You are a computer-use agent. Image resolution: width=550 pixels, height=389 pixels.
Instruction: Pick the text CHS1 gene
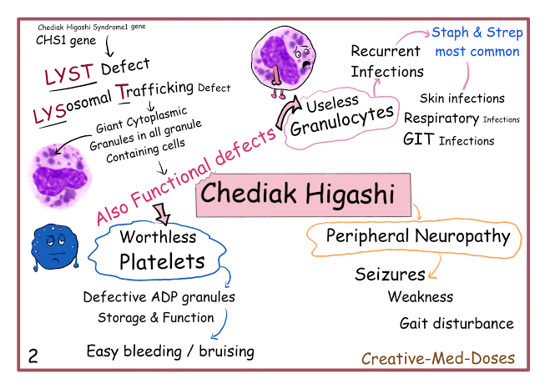(x=66, y=38)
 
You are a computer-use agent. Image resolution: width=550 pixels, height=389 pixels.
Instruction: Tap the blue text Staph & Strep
(x=477, y=33)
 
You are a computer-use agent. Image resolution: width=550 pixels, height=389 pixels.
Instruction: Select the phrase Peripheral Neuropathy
(x=417, y=236)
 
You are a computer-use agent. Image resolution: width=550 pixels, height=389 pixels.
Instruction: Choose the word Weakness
(x=421, y=296)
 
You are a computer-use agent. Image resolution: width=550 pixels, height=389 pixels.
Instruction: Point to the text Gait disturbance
(x=457, y=323)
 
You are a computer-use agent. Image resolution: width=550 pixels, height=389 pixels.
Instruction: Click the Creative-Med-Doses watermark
(x=438, y=359)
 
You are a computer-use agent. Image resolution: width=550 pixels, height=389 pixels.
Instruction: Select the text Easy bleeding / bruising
(x=170, y=351)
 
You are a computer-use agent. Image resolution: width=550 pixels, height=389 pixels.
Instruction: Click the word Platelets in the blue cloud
(x=161, y=261)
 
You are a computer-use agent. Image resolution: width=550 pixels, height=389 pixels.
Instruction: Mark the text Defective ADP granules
(x=159, y=297)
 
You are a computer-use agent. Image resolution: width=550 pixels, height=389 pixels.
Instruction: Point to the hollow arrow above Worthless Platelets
(x=163, y=216)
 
